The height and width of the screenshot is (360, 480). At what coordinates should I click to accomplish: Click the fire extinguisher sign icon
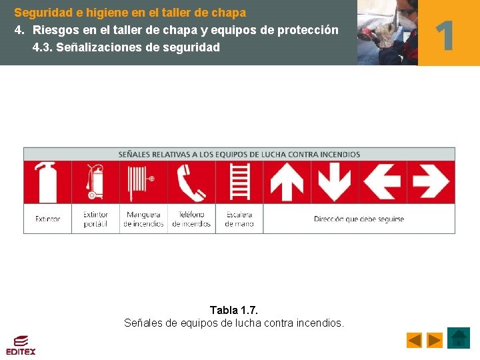click(x=47, y=181)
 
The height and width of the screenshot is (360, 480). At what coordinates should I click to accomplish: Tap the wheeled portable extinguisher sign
click(x=95, y=181)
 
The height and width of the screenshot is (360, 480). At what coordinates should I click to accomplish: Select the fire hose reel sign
click(x=143, y=181)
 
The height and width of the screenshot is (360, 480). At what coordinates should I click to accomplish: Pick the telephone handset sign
click(x=191, y=181)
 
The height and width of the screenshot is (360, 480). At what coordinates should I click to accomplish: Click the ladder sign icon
click(x=239, y=181)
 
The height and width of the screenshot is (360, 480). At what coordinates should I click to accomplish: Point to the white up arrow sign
click(x=287, y=181)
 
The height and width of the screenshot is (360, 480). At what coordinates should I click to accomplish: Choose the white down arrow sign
click(x=335, y=181)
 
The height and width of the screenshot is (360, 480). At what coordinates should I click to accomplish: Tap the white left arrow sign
click(x=383, y=181)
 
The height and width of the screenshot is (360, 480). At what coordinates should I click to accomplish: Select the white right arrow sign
click(x=431, y=181)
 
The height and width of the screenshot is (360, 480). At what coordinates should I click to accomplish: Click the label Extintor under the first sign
click(x=47, y=219)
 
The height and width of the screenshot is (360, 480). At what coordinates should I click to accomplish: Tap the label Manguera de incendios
click(x=143, y=219)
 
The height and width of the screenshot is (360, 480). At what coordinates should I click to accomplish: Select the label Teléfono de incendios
click(x=191, y=219)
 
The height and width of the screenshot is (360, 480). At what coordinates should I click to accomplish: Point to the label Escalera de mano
click(x=239, y=219)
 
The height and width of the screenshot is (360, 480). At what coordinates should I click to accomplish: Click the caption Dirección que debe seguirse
click(x=359, y=219)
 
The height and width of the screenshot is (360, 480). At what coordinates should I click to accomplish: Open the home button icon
click(x=459, y=338)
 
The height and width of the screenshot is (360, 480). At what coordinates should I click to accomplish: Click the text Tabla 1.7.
click(x=234, y=310)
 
